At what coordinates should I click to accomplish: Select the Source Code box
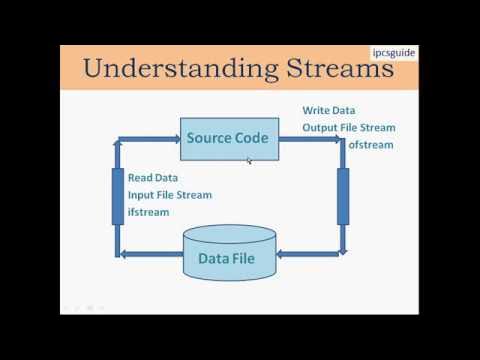[x=229, y=138]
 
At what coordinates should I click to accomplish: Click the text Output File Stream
[x=349, y=127]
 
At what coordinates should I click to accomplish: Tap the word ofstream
[x=371, y=144]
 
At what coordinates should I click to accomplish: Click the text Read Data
[x=153, y=178]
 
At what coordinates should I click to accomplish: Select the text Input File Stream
[x=170, y=195]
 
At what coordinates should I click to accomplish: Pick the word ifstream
[x=149, y=212]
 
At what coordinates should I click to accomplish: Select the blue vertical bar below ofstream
[x=343, y=196]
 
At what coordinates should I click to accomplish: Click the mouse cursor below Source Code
[x=249, y=161]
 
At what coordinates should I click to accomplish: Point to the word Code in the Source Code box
[x=251, y=138]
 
